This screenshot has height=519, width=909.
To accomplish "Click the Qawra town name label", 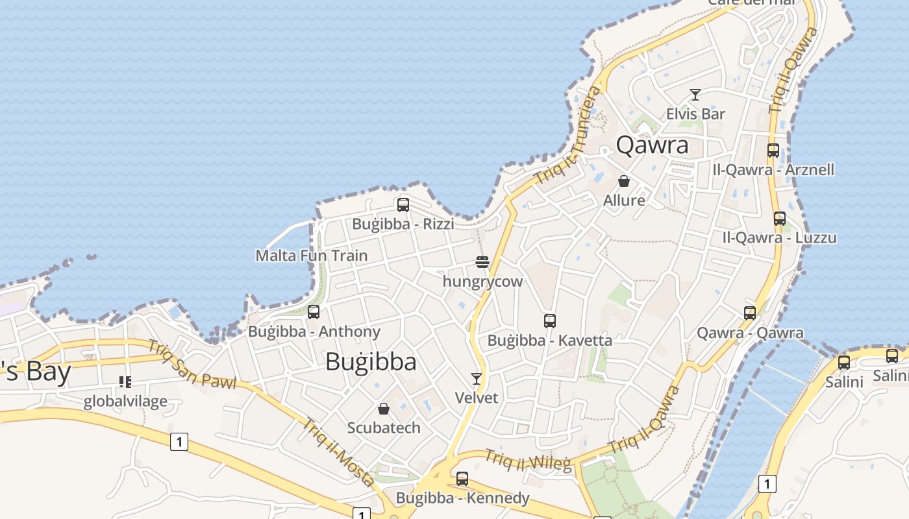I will coord(652,145).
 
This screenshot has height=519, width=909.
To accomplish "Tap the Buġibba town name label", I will coord(371,361).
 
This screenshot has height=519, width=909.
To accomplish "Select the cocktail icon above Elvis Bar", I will coord(695,95).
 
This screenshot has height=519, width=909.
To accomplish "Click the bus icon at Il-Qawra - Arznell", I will coord(773,151).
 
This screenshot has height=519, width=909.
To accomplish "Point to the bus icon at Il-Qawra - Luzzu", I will coord(780,219).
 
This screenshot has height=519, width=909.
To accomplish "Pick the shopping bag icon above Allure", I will coord(624,181).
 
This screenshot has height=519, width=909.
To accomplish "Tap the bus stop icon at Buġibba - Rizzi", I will coord(403,205).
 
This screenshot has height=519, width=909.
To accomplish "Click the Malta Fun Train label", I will coord(312,256).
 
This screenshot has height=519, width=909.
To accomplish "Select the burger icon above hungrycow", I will coord(482,262).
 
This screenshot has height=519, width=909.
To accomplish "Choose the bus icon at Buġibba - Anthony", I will coord(314,312).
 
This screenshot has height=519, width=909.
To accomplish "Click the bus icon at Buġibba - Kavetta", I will coord(550,320).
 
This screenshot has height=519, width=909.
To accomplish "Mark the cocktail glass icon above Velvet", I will coord(477,379).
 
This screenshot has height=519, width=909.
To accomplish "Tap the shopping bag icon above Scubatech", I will coord(384,409).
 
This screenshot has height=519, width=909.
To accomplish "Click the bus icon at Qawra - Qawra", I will coord(750,313).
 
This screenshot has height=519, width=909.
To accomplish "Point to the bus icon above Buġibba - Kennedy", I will coord(462,479).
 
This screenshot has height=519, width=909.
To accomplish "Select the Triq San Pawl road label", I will coord(192,365).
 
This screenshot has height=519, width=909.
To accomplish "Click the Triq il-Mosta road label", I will coord(338,452).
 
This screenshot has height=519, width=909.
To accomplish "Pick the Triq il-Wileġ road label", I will coord(527,460).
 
